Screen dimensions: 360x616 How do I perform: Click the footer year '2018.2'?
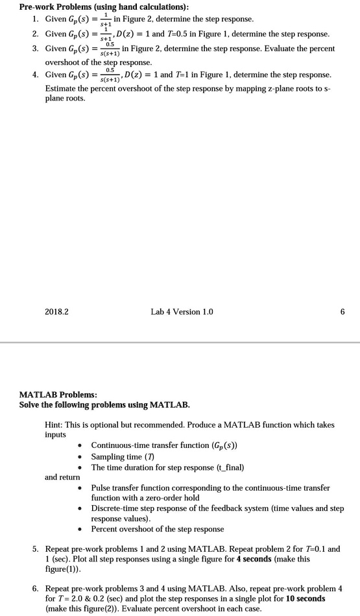pyautogui.click(x=57, y=312)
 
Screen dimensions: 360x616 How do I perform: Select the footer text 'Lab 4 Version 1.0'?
pyautogui.click(x=182, y=312)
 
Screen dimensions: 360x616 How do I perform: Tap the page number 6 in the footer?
pyautogui.click(x=342, y=312)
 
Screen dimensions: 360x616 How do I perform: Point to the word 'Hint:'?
pyautogui.click(x=54, y=425)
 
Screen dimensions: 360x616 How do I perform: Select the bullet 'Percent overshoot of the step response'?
pyautogui.click(x=158, y=529)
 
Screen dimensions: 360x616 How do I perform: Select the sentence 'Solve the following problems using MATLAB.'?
pyautogui.click(x=105, y=405)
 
